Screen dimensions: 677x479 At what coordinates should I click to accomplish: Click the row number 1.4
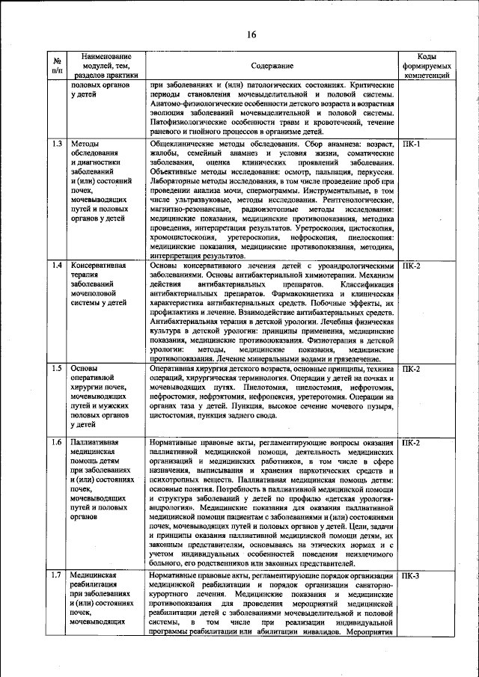click(x=57, y=266)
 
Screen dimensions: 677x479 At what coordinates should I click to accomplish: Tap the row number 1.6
click(x=57, y=443)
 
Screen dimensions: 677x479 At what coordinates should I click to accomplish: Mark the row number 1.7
click(x=57, y=575)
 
